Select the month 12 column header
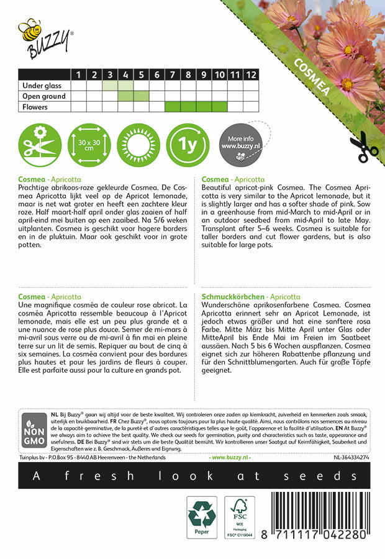point(250,75)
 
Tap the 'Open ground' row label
point(43,96)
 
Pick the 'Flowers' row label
point(34,107)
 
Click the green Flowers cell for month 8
point(188,107)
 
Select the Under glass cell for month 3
point(110,85)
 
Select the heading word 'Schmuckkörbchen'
point(231,298)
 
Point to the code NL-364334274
point(351,457)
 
